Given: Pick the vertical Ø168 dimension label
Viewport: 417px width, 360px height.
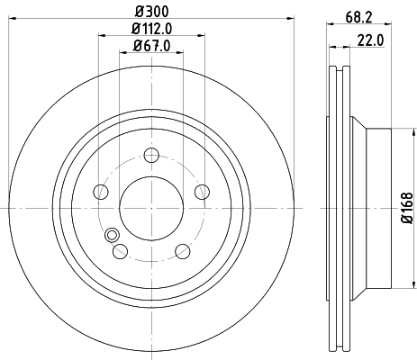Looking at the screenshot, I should click(x=408, y=206).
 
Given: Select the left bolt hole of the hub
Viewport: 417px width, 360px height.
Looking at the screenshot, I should click(x=102, y=191).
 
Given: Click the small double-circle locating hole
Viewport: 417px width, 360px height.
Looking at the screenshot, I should click(x=113, y=236).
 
